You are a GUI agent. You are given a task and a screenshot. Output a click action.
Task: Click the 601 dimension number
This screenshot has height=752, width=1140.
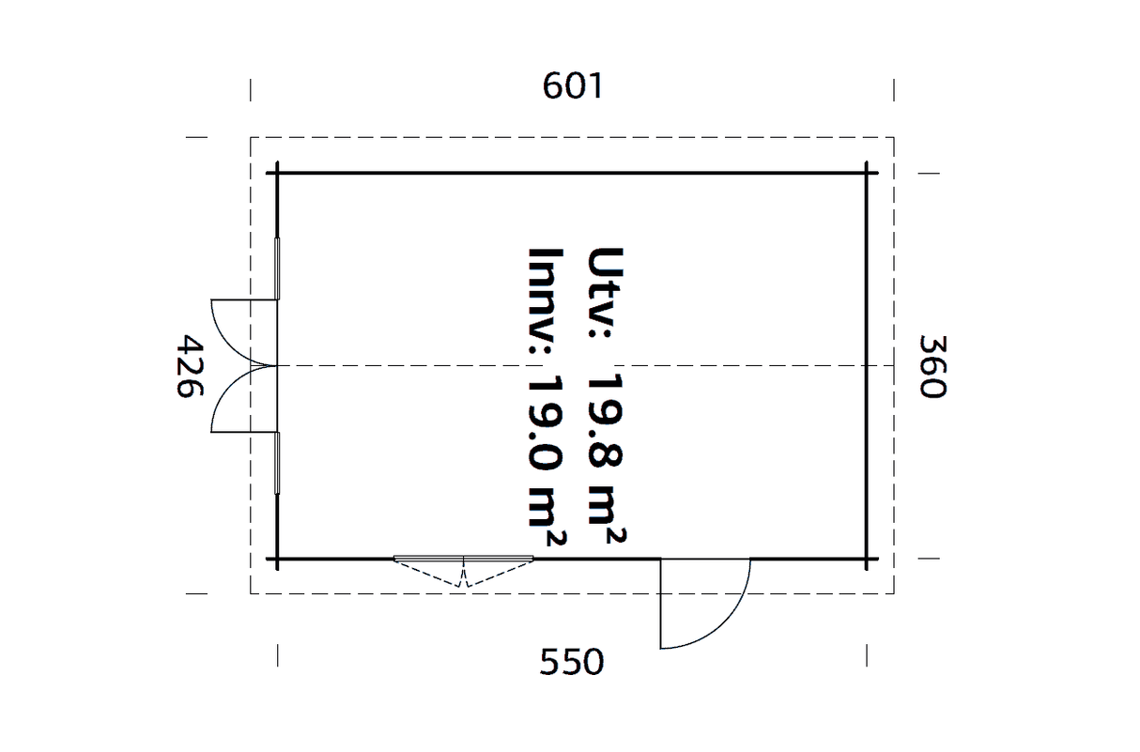(x=573, y=85)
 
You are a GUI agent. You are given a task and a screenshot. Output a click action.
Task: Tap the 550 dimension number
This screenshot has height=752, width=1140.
(x=572, y=662)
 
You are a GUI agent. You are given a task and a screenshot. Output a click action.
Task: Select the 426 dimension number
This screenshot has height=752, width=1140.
(x=190, y=366)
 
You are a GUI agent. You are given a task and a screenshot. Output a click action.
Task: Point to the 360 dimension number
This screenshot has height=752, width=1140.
(x=932, y=366)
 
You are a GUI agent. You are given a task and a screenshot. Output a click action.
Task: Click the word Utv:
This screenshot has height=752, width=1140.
(x=606, y=293)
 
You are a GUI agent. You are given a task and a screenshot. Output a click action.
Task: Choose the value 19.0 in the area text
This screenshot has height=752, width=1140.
(x=546, y=422)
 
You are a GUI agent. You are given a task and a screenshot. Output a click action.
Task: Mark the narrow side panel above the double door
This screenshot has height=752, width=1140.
(x=277, y=269)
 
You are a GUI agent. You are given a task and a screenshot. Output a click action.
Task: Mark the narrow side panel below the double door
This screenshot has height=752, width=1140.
(x=277, y=463)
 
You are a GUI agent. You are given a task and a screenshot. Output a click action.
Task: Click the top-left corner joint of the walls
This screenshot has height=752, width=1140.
(x=277, y=173)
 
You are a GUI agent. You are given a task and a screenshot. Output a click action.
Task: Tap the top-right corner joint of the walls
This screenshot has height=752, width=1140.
(x=867, y=173)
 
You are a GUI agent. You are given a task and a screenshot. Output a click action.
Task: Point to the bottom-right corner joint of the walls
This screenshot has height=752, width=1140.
(x=867, y=560)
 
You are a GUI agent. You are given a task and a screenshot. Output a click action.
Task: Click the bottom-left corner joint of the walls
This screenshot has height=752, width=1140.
(x=277, y=560)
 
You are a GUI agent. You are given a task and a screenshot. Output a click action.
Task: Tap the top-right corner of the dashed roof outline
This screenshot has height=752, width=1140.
(x=894, y=137)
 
